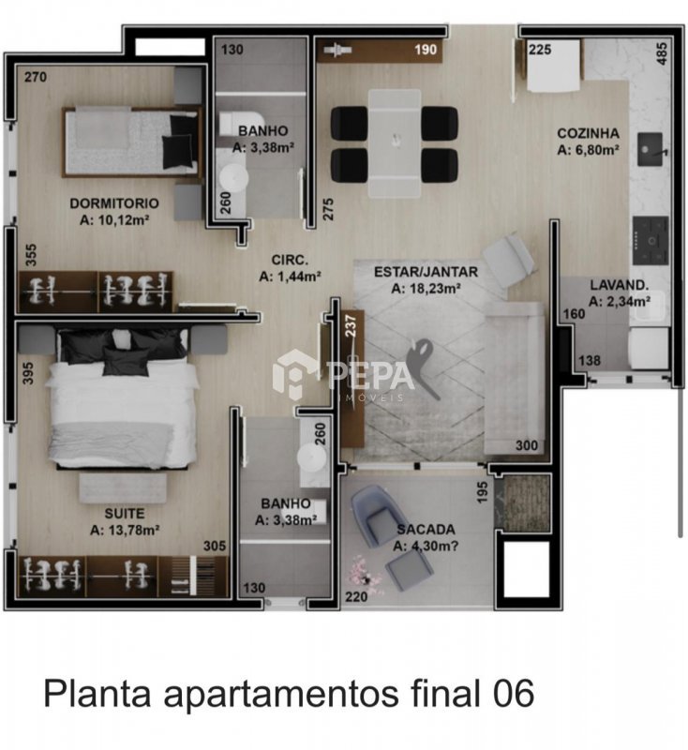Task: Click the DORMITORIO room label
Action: pyautogui.click(x=114, y=203)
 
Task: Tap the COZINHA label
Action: pyautogui.click(x=588, y=133)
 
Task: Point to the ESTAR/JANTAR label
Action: pyautogui.click(x=426, y=272)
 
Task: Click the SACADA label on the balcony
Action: pyautogui.click(x=426, y=530)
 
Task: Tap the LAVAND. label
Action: pyautogui.click(x=620, y=286)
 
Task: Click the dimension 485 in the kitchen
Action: pyautogui.click(x=662, y=53)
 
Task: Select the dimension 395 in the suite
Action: pyautogui.click(x=28, y=373)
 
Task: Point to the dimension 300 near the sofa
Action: pyautogui.click(x=527, y=445)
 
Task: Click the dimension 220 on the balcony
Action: pyautogui.click(x=357, y=596)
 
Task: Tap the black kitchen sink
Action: pyautogui.click(x=651, y=150)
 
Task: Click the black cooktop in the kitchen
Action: pyautogui.click(x=651, y=241)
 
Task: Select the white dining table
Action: pyautogui.click(x=395, y=143)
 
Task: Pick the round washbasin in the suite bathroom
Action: pyautogui.click(x=312, y=457)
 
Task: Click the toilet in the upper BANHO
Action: pyautogui.click(x=243, y=124)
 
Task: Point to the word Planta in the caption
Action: pyautogui.click(x=97, y=693)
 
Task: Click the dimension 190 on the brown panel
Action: pyautogui.click(x=426, y=50)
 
